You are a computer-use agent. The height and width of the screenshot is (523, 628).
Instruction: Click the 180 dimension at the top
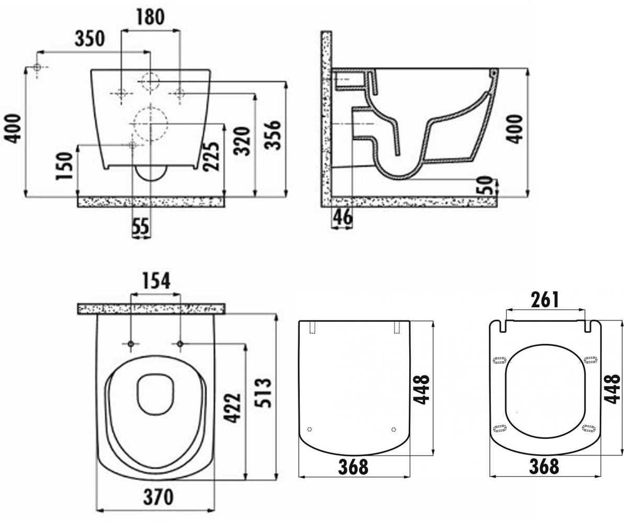pos(150,17)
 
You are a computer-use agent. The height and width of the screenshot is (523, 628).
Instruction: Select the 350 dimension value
pos(89,39)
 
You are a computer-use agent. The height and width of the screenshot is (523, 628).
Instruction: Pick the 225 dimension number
pos(211,156)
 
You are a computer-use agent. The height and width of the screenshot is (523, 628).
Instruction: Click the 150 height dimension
pos(65,166)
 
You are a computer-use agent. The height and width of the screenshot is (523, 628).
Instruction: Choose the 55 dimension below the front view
pos(141,226)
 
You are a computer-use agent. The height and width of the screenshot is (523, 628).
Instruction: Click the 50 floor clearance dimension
pos(485,186)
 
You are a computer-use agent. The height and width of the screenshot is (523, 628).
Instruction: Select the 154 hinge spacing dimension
pos(156,281)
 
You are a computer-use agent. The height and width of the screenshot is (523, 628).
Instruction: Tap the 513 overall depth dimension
pos(263,393)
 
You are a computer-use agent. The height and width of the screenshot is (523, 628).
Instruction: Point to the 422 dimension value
pos(233,407)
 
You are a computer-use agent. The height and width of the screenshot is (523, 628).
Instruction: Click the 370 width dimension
pos(158,497)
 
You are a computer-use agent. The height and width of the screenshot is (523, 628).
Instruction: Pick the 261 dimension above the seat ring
pos(545,300)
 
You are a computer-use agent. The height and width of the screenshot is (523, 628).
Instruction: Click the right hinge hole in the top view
pos(180,344)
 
